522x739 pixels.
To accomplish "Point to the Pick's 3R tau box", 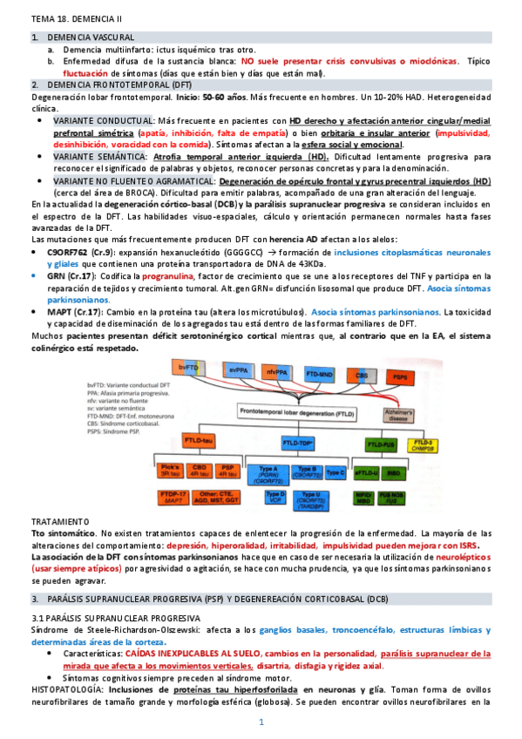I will pos(171,471).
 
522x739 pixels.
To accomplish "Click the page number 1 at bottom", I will pos(261,722).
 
